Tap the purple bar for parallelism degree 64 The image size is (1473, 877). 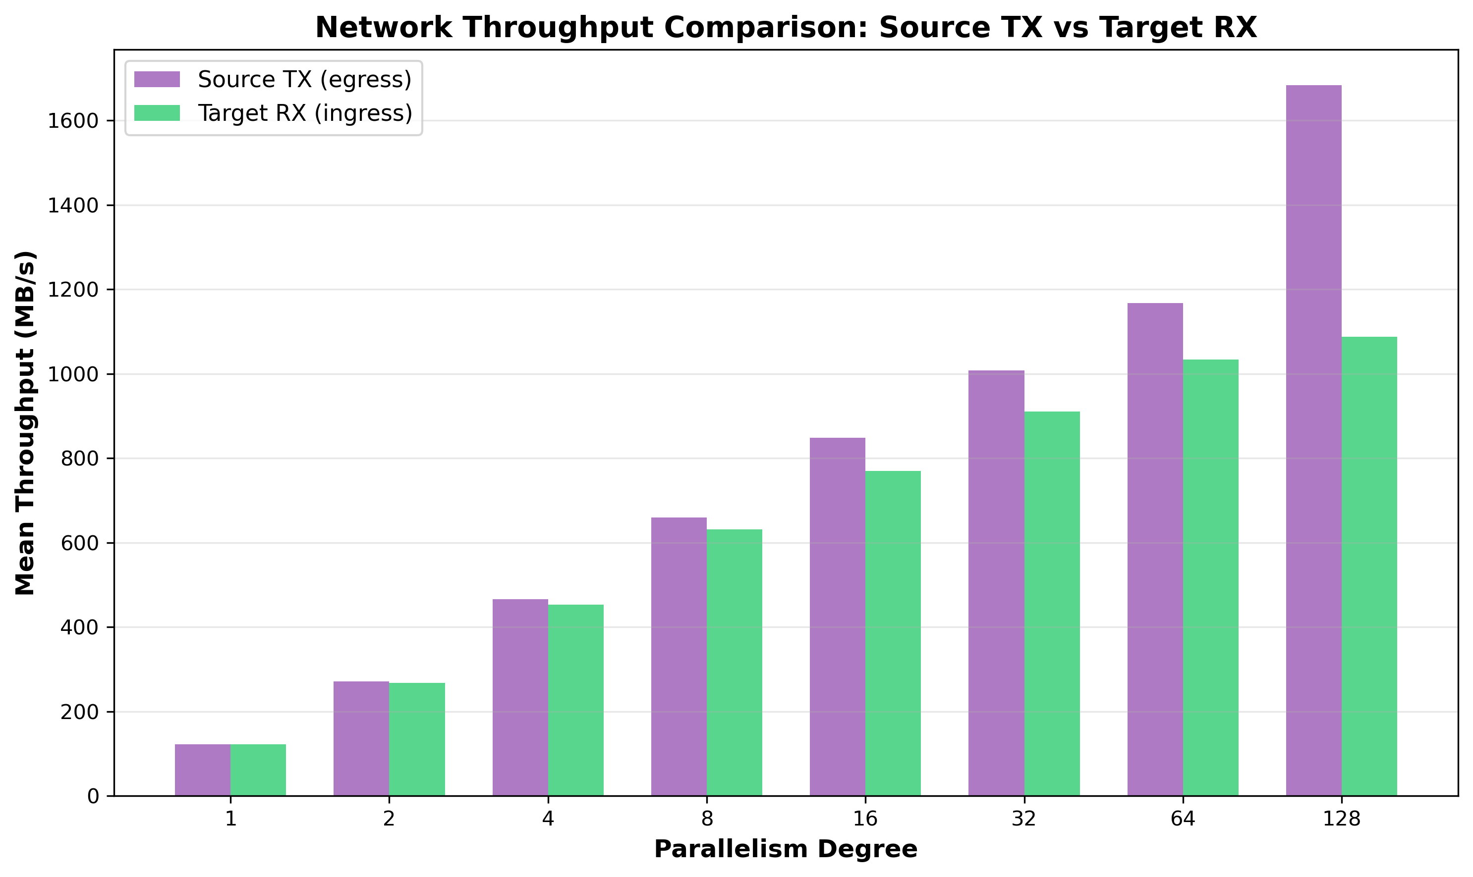click(x=1155, y=550)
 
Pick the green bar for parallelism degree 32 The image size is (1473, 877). click(x=1052, y=603)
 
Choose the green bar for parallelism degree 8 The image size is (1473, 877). click(x=735, y=663)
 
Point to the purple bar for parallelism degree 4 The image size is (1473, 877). click(x=520, y=697)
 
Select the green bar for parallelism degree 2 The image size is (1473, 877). click(x=417, y=739)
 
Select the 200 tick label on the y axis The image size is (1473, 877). click(x=79, y=713)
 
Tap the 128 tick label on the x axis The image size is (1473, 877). click(x=1341, y=820)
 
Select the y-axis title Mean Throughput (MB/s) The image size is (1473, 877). click(x=25, y=423)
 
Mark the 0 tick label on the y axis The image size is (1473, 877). click(x=93, y=797)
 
